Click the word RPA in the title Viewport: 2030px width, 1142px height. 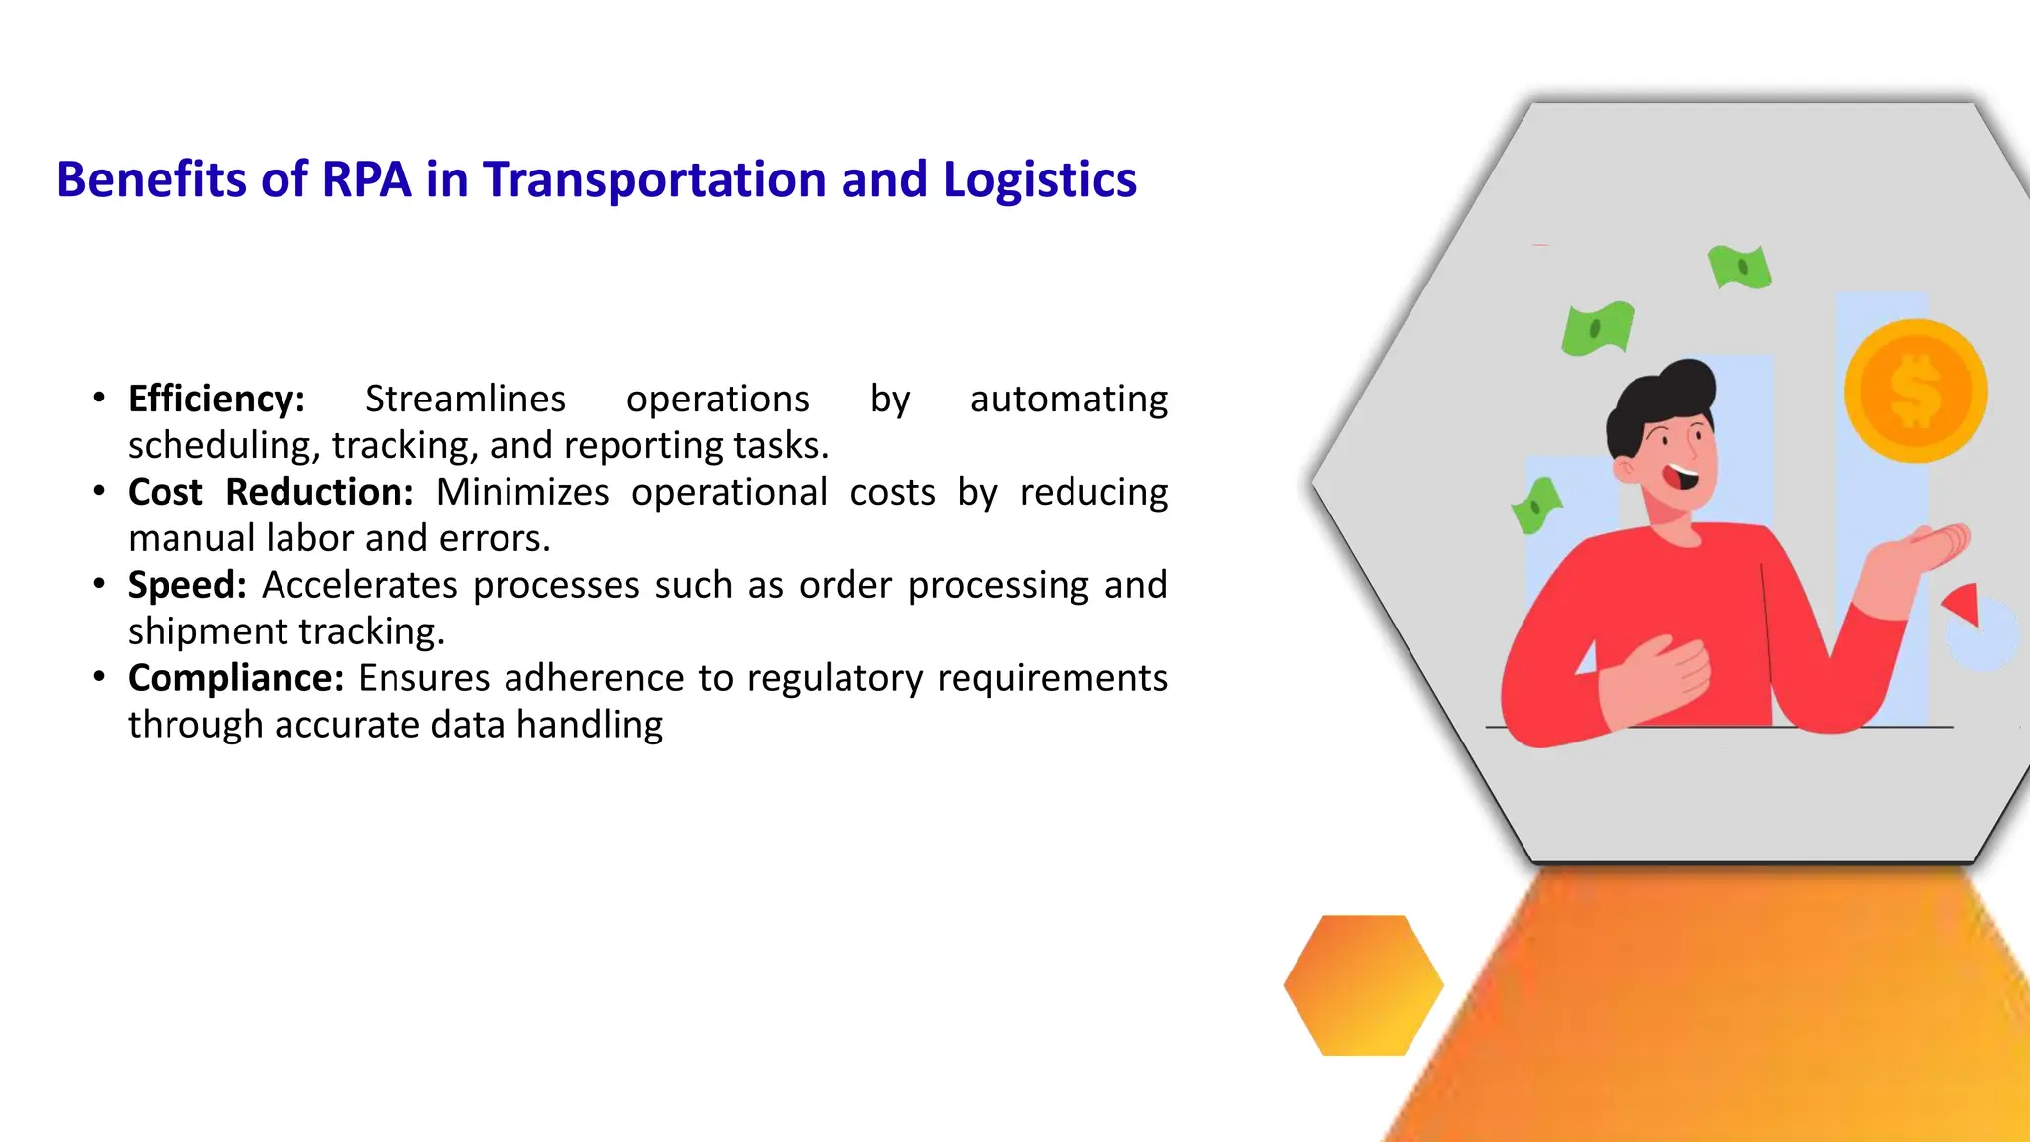pyautogui.click(x=366, y=180)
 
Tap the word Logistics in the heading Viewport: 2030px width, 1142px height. pyautogui.click(x=1039, y=180)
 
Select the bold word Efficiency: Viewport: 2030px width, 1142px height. pyautogui.click(x=216, y=399)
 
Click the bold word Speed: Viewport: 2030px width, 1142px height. pyautogui.click(x=186, y=585)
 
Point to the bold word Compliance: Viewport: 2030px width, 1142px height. pyautogui.click(x=236, y=678)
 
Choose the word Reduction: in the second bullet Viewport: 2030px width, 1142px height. pyautogui.click(x=319, y=492)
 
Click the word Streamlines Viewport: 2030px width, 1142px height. pyautogui.click(x=465, y=399)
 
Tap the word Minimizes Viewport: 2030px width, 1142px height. pyautogui.click(x=522, y=492)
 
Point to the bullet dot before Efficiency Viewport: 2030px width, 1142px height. pyautogui.click(x=99, y=398)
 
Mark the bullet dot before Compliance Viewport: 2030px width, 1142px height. pyautogui.click(x=99, y=677)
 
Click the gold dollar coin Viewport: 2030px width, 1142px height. pyautogui.click(x=1915, y=391)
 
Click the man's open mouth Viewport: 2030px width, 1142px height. pyautogui.click(x=1682, y=478)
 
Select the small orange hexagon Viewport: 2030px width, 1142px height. pyautogui.click(x=1363, y=984)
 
